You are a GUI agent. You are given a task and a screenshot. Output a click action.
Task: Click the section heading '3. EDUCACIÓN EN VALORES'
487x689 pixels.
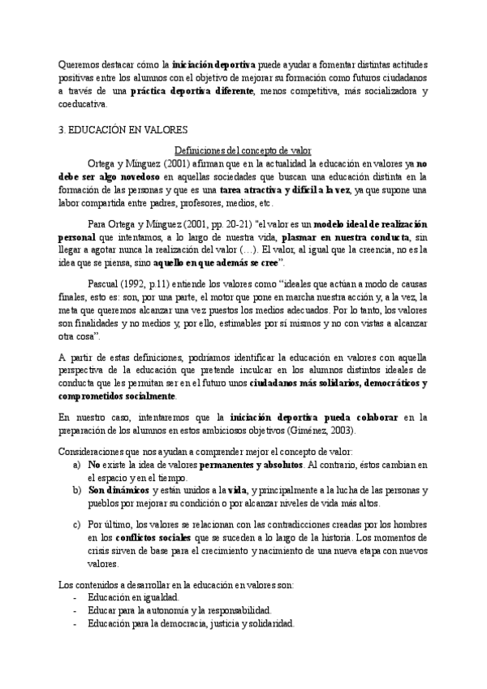(x=125, y=129)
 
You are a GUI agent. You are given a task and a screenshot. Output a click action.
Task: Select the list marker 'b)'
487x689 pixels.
(x=77, y=490)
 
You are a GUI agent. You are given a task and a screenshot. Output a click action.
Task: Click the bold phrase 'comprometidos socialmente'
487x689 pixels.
(x=118, y=396)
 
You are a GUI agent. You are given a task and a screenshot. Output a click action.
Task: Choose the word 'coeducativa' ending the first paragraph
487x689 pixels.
(x=84, y=104)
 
